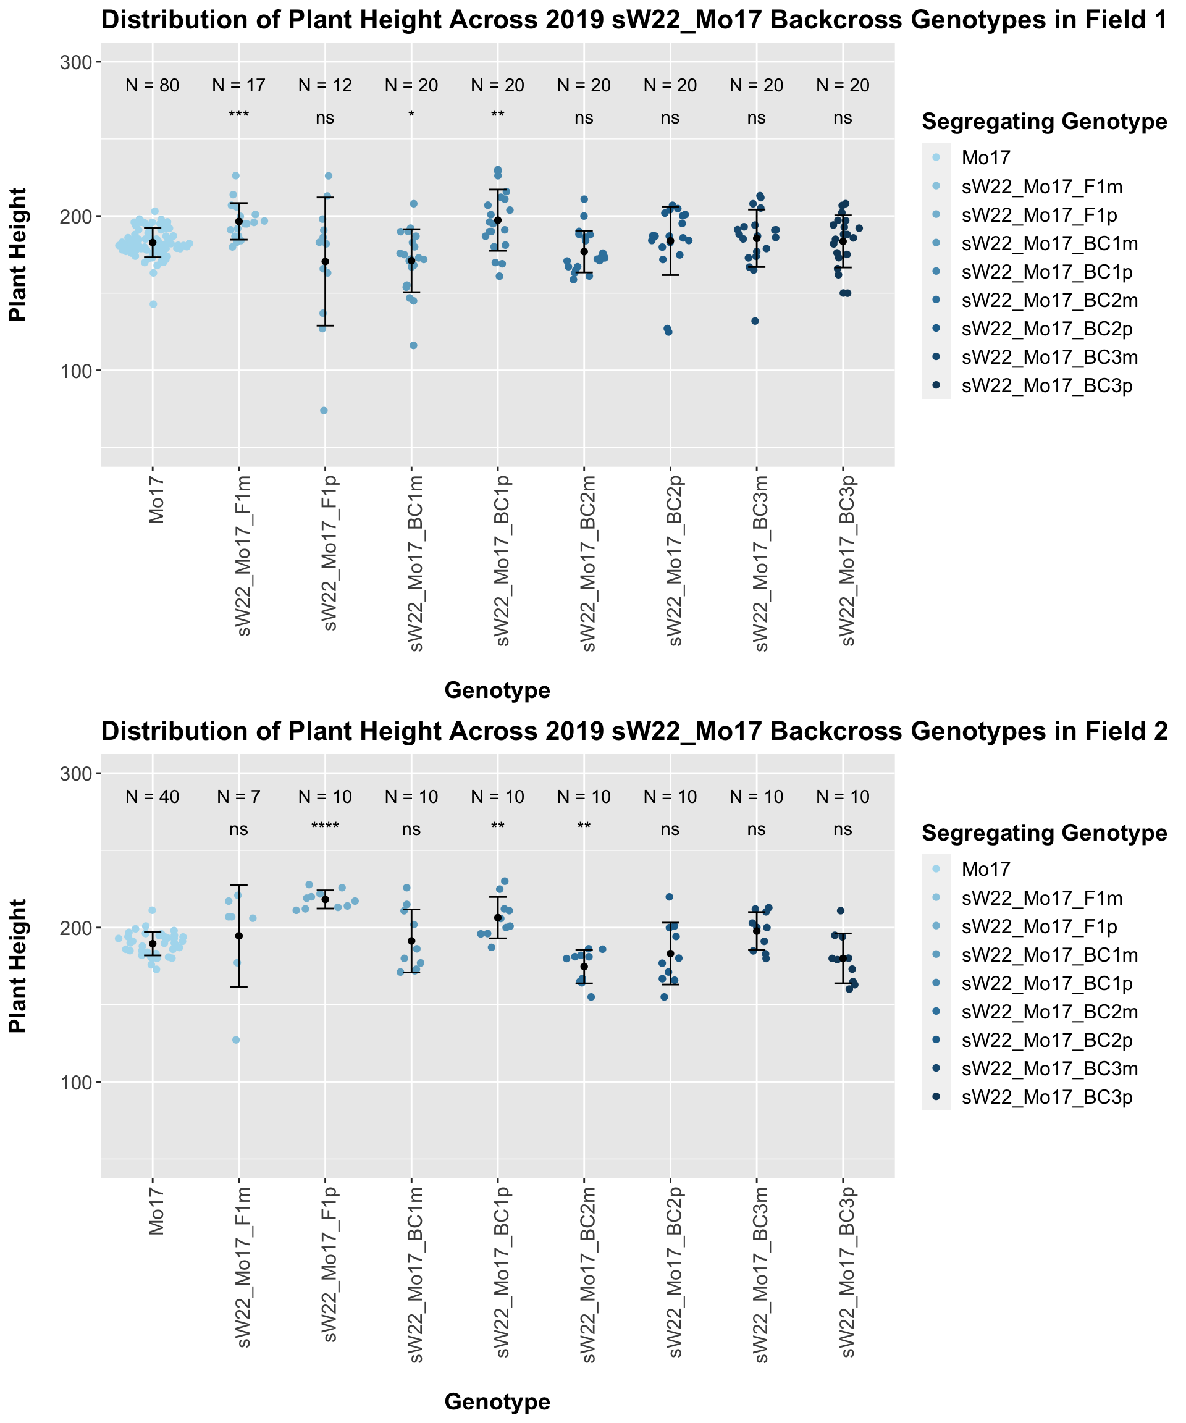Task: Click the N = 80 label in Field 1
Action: click(x=153, y=85)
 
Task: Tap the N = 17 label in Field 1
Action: click(x=238, y=85)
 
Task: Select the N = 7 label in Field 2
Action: click(x=238, y=797)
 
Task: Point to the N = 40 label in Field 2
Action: click(x=153, y=797)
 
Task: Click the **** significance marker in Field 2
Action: click(x=325, y=828)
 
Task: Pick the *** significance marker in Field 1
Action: click(x=238, y=116)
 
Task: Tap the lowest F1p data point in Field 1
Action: click(x=324, y=411)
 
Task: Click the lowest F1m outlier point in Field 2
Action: click(x=237, y=1040)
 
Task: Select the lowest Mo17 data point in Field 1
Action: click(x=153, y=304)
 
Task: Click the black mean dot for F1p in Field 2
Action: click(x=326, y=899)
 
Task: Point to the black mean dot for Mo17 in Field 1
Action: click(x=153, y=243)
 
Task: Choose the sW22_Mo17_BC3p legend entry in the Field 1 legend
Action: click(x=1047, y=386)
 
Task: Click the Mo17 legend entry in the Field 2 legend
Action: click(x=986, y=869)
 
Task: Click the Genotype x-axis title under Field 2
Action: click(x=497, y=1402)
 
